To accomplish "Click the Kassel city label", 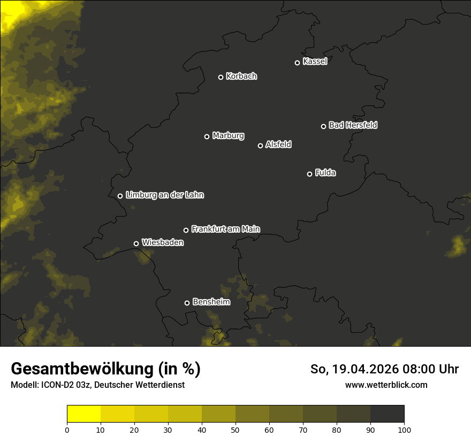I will pyautogui.click(x=315, y=62).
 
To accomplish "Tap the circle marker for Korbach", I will pyautogui.click(x=221, y=77).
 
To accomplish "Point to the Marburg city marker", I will pyautogui.click(x=207, y=136).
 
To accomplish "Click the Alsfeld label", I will pyautogui.click(x=278, y=144).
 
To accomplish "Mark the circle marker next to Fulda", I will pyautogui.click(x=309, y=174).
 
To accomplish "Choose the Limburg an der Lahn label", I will pyautogui.click(x=164, y=195).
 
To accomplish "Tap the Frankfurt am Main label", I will pyautogui.click(x=225, y=229).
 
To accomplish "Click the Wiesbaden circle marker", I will pyautogui.click(x=136, y=243).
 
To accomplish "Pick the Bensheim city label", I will pyautogui.click(x=211, y=302).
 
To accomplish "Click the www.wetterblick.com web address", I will pyautogui.click(x=386, y=385).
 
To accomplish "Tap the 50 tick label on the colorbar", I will pyautogui.click(x=236, y=429).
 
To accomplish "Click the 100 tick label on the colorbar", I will pyautogui.click(x=404, y=429).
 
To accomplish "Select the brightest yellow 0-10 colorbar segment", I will pyautogui.click(x=84, y=414).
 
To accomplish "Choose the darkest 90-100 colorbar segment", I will pyautogui.click(x=387, y=414).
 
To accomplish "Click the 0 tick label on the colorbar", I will pyautogui.click(x=67, y=429).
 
